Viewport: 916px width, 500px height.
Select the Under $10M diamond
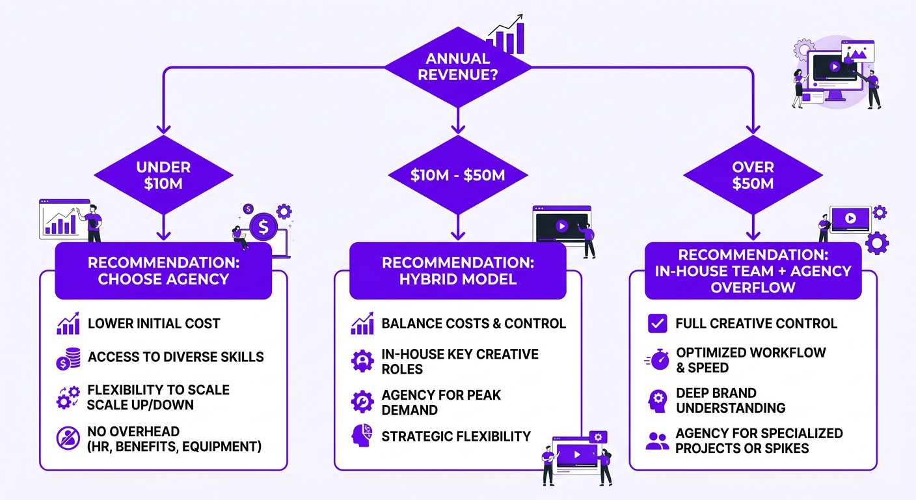pos(163,175)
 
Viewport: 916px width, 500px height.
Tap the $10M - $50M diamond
pos(458,175)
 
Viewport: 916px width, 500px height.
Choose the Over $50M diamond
pos(753,175)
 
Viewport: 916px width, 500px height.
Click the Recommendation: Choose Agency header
pos(163,271)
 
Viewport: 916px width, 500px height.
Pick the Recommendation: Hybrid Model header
pos(458,271)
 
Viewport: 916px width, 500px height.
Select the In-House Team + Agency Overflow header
pos(753,271)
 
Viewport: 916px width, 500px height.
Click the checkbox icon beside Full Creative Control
pos(658,324)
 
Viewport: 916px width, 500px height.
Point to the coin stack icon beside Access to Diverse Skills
pos(68,357)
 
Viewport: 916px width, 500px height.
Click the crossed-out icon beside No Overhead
pos(68,439)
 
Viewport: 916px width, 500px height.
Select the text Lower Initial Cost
pos(154,324)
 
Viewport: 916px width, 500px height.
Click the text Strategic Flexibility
pos(456,436)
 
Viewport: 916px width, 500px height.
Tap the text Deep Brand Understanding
pos(731,400)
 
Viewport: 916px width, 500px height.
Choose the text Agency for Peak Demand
pos(441,402)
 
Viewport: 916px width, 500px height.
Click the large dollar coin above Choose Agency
pos(263,227)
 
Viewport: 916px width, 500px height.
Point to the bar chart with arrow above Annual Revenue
pos(508,36)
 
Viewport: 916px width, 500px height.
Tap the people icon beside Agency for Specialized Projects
pos(657,441)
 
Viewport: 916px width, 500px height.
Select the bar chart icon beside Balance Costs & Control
pos(362,324)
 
